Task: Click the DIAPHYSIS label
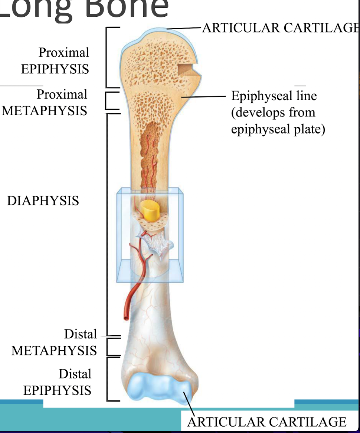pos(43,201)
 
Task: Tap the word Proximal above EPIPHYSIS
pos(64,52)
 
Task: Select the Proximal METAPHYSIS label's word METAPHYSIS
pos(45,111)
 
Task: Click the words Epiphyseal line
pos(274,96)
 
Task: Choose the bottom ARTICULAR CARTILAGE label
pos(266,422)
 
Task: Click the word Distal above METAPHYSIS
pos(80,334)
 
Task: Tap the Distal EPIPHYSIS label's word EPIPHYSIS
pos(57,390)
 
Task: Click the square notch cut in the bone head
pos(185,69)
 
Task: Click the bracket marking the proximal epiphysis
pos(108,57)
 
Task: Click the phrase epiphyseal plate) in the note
pos(278,129)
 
